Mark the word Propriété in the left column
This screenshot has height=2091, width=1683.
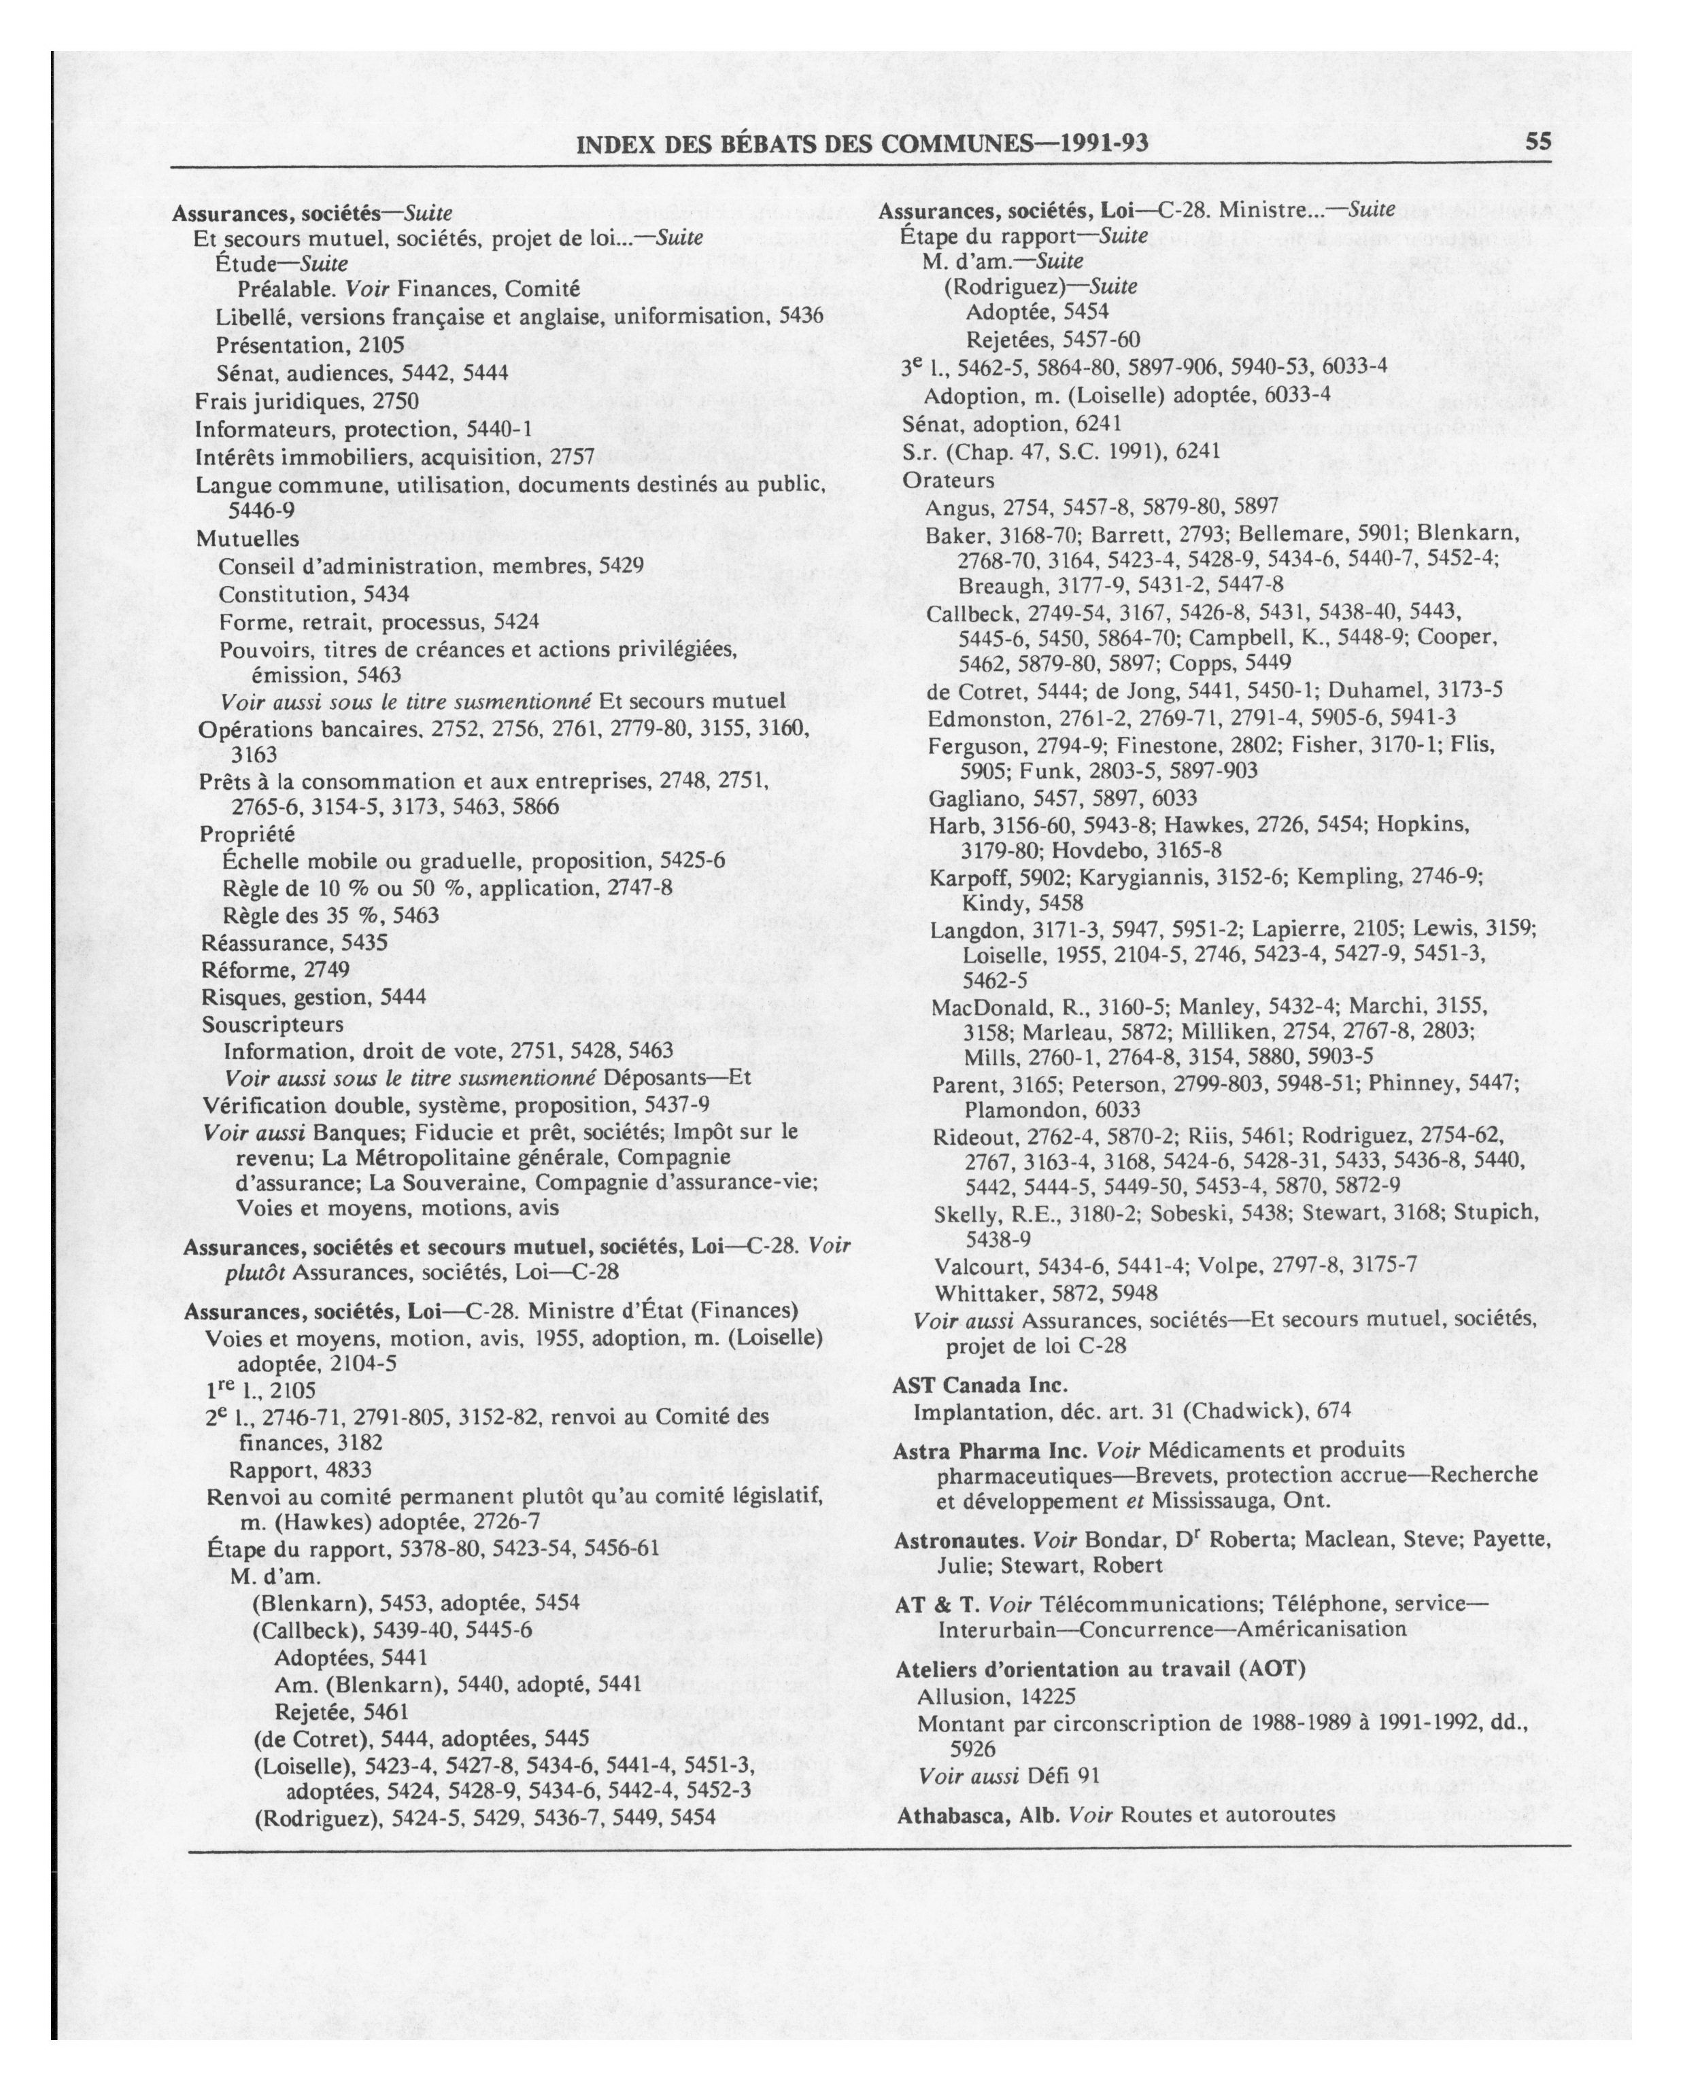[248, 834]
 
